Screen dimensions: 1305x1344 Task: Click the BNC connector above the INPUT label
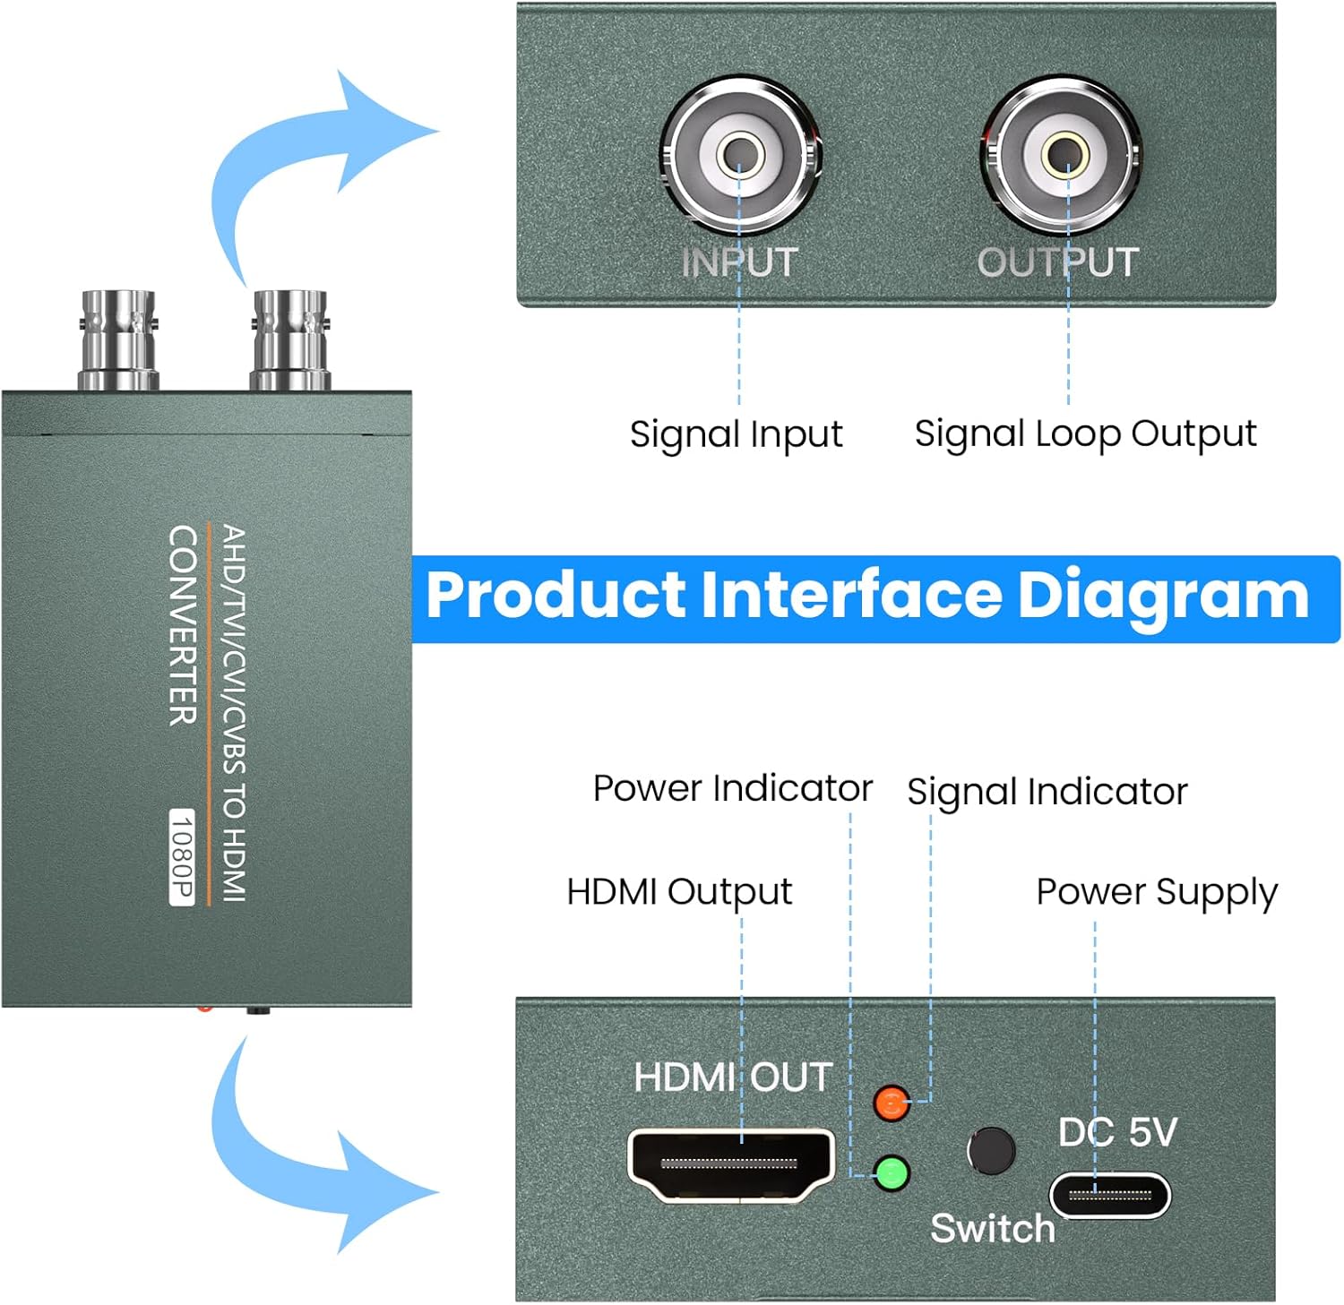click(739, 153)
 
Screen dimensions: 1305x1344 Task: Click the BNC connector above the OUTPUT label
click(1064, 153)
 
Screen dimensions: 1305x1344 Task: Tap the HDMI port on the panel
click(730, 1163)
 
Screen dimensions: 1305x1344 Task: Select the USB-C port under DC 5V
click(1110, 1195)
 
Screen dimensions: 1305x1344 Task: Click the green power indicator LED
click(891, 1172)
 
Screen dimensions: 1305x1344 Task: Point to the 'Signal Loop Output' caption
click(1085, 434)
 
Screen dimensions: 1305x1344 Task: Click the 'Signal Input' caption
click(736, 434)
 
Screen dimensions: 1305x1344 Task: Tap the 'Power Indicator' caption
click(732, 788)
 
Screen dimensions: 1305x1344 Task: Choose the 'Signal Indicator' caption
click(1047, 792)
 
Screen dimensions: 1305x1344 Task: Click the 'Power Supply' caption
click(1156, 892)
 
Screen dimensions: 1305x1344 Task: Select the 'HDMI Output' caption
click(679, 892)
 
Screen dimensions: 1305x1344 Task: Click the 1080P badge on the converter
click(182, 857)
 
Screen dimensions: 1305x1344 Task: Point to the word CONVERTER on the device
click(183, 625)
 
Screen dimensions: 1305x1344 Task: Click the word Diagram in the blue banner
click(1163, 596)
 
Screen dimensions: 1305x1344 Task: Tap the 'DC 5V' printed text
click(1116, 1132)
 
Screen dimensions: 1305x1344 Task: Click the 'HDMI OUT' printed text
click(733, 1077)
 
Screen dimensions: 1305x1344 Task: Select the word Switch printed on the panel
click(993, 1228)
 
